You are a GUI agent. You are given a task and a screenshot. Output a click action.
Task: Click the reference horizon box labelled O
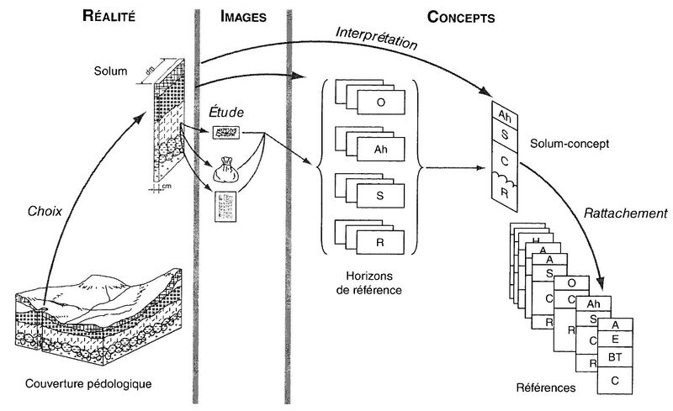coord(381,103)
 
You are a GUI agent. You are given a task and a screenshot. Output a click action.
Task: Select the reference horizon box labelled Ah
coord(381,149)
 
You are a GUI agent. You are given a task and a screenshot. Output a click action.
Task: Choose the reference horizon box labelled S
coord(381,196)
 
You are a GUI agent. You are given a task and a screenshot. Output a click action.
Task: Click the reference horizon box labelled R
coord(381,243)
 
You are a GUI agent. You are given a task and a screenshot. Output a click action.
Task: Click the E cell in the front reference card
coord(617,340)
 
